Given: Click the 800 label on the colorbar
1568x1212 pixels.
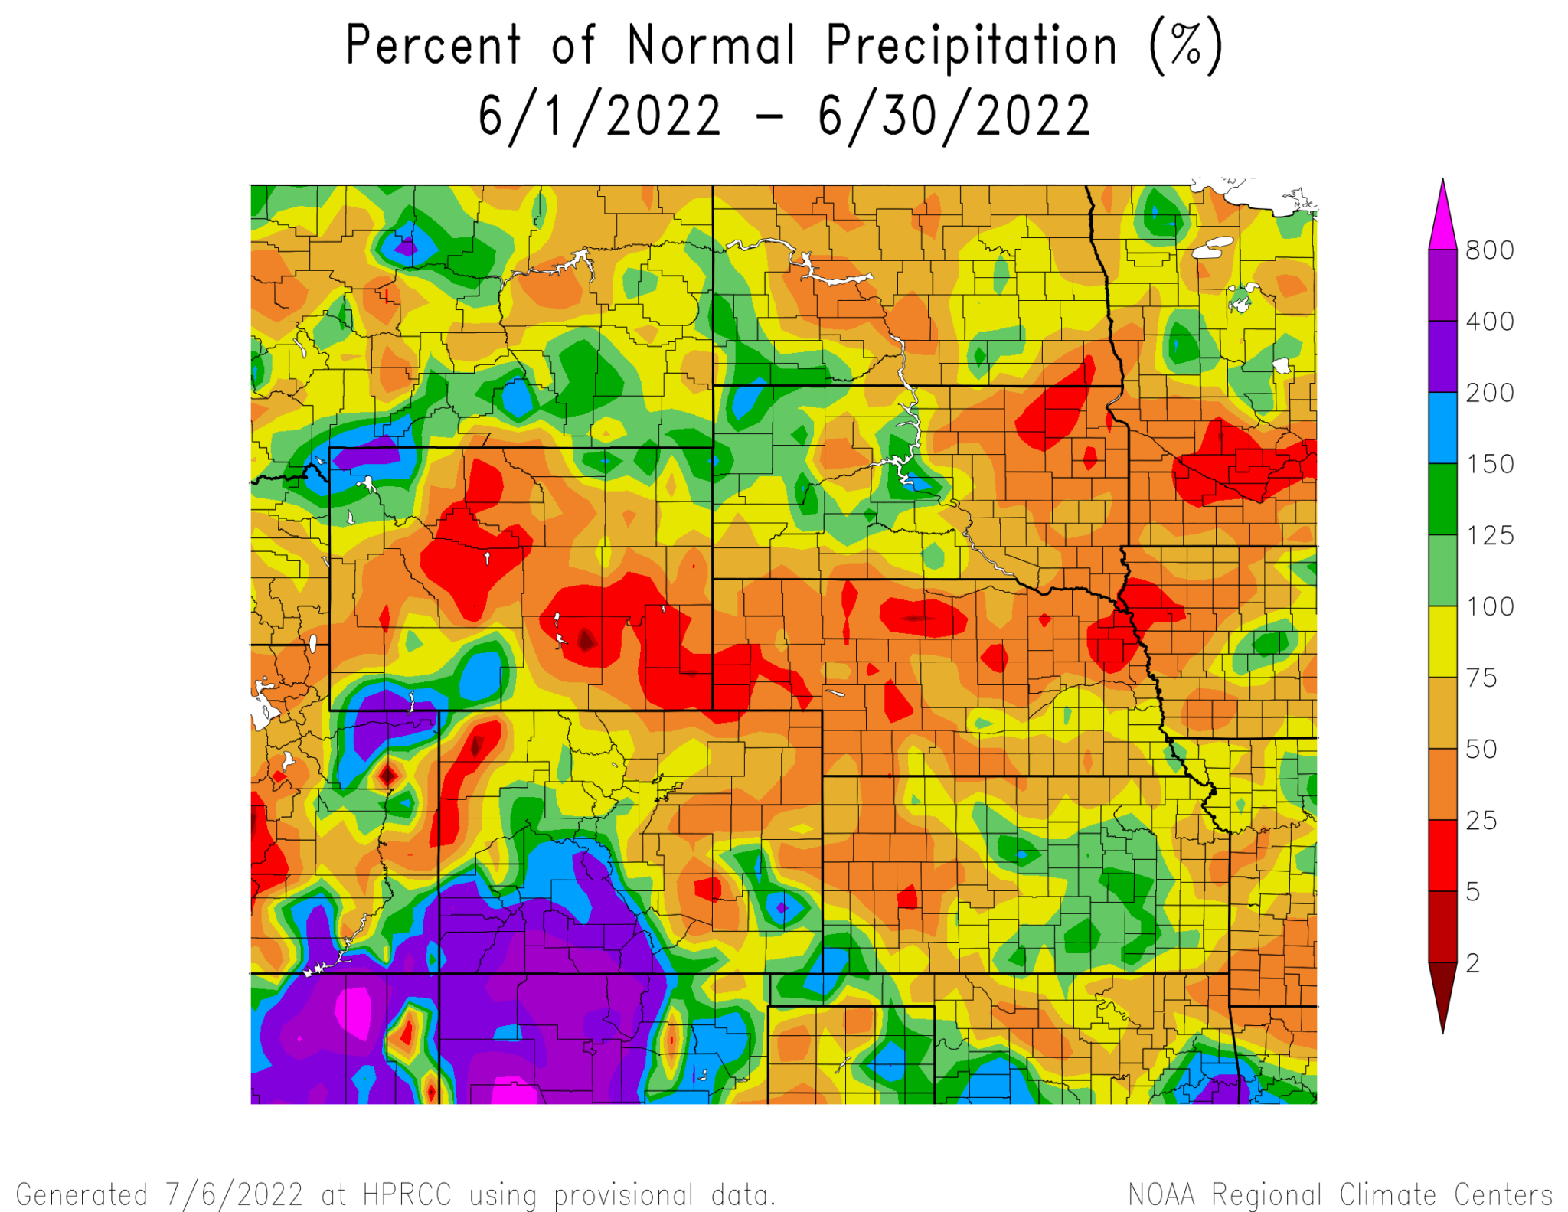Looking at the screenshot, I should point(1488,250).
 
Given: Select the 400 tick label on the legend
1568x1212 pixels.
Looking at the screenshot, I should point(1488,322).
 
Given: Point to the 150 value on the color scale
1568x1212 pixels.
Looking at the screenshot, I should point(1488,464).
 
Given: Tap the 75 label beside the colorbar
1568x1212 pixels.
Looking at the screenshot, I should point(1481,678).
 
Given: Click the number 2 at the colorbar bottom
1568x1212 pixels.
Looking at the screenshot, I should point(1472,963).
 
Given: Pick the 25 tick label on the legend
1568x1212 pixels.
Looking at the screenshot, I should point(1481,821).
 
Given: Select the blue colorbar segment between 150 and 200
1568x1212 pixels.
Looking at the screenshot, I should point(1442,427).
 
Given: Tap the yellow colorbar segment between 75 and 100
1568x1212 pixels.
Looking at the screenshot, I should point(1442,642).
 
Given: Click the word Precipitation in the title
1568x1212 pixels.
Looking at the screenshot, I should point(972,46).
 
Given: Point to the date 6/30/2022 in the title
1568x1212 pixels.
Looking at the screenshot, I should point(953,116).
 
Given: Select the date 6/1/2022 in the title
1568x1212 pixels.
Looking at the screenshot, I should point(599,116).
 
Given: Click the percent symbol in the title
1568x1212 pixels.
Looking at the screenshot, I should point(1185,46).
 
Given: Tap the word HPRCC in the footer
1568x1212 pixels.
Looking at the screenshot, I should point(406,1194).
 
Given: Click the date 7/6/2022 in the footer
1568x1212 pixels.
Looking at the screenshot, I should point(234,1194).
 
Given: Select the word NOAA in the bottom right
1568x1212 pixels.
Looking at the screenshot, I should point(1161,1194).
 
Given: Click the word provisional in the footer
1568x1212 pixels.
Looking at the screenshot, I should point(622,1194).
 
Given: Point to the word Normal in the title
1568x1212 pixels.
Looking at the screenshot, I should point(711,46).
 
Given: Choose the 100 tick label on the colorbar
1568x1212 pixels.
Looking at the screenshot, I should point(1488,606).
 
